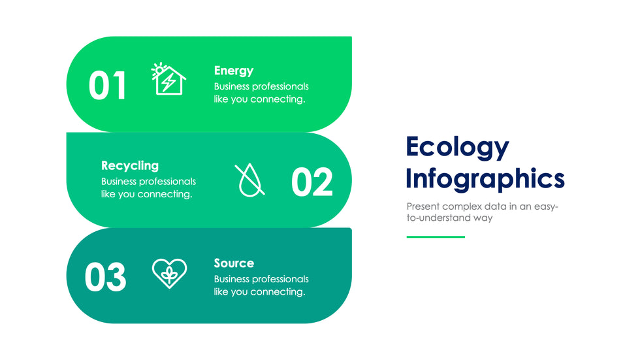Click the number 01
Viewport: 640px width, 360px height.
[107, 86]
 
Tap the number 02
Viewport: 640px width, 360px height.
[312, 182]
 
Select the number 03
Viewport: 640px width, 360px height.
[105, 277]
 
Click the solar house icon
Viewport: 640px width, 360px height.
[168, 79]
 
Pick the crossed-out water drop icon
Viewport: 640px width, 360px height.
[249, 180]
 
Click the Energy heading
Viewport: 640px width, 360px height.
[234, 71]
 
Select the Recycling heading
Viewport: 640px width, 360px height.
[130, 166]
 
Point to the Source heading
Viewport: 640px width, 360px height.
[234, 263]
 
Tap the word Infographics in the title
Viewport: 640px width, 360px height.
[485, 179]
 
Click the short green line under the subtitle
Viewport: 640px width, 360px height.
[436, 237]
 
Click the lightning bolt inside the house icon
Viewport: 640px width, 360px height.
[168, 82]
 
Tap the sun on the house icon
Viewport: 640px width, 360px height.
[158, 70]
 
